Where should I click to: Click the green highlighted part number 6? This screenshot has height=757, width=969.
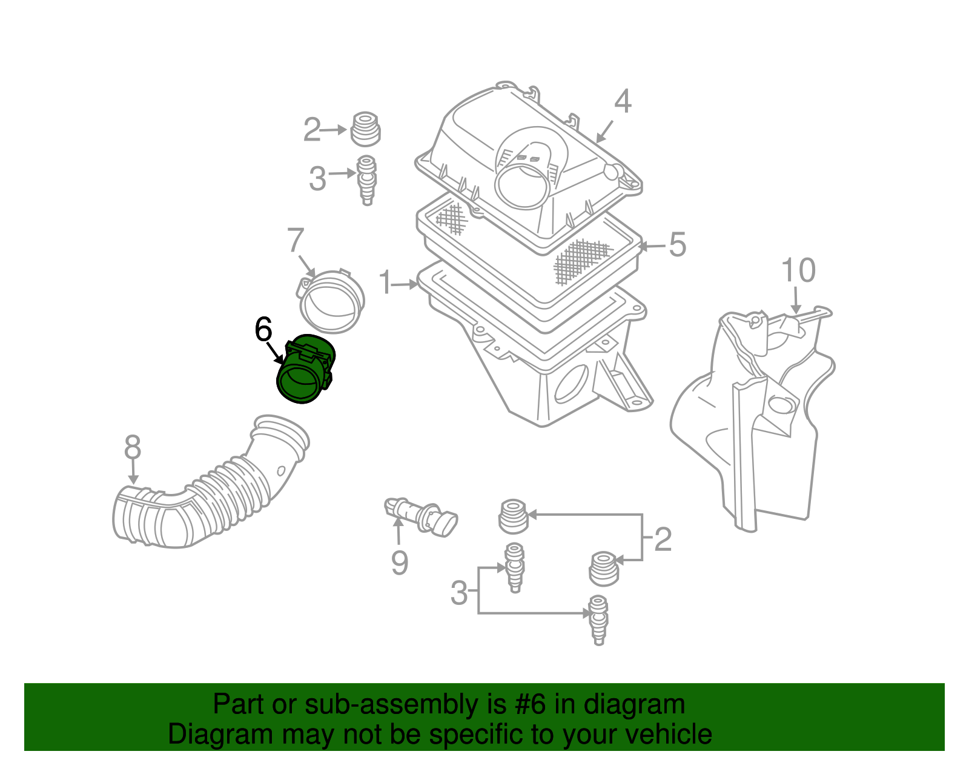pos(305,370)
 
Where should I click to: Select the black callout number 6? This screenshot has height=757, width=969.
pos(263,330)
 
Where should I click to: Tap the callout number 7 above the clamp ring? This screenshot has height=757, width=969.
pos(295,241)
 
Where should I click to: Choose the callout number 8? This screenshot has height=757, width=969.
pos(133,448)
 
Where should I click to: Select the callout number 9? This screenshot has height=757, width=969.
pos(399,562)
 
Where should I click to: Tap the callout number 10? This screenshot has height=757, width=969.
pos(798,270)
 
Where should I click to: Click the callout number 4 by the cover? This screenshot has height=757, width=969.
pos(623,102)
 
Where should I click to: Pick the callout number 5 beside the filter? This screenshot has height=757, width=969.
pos(677,245)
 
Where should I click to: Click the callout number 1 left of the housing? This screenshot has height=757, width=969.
pos(386,283)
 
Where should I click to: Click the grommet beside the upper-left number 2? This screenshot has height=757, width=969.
pos(366,129)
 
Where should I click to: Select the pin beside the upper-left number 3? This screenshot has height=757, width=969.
pos(366,180)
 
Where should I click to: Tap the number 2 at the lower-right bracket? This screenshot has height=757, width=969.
pos(663,539)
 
